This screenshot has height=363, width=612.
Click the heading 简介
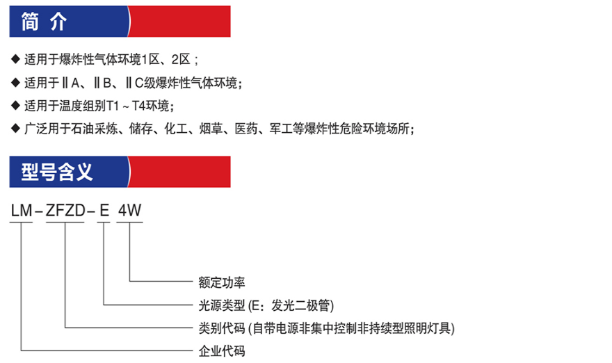tap(44, 21)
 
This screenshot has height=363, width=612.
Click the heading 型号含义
tap(57, 172)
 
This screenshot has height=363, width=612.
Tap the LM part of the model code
tap(22, 211)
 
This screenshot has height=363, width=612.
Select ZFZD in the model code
tap(65, 211)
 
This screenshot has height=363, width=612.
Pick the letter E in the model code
tap(104, 211)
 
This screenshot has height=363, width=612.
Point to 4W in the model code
tap(129, 211)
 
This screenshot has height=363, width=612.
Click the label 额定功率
tap(222, 282)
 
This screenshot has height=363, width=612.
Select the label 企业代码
tap(222, 351)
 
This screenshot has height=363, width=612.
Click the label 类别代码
tap(222, 328)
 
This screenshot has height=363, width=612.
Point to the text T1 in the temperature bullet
tap(113, 106)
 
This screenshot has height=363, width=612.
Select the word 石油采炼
tap(95, 129)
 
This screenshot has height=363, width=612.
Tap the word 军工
tap(281, 129)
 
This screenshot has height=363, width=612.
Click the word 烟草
tap(211, 129)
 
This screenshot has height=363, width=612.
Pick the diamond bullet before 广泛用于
tap(15, 128)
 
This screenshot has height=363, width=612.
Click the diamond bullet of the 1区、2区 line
tap(15, 59)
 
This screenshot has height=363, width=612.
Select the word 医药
tap(246, 129)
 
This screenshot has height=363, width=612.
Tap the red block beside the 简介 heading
tap(179, 21)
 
